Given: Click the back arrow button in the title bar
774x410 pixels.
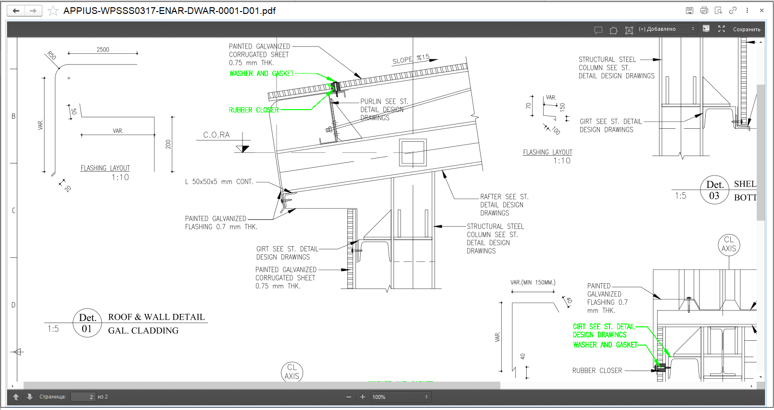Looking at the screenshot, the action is coord(16,11).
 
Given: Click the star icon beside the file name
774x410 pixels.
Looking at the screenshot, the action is coord(53,11).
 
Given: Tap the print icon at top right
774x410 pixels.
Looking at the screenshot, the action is coord(704,11).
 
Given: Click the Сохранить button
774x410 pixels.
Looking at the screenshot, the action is coord(747,29).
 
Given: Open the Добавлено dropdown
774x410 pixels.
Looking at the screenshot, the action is coord(667,29).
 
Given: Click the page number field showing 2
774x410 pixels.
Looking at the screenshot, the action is coord(83,397).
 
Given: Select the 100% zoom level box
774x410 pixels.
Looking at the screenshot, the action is coord(400,397).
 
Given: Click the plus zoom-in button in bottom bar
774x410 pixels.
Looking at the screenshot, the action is coord(363,397).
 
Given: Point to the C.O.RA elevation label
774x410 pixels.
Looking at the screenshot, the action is coord(216,135).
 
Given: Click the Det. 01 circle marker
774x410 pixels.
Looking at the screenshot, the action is coord(87,323).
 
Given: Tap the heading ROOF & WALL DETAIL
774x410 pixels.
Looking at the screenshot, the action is coord(156,317).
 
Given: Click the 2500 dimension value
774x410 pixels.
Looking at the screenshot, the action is coord(103,50).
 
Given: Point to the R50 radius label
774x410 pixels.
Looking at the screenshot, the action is coord(51,55).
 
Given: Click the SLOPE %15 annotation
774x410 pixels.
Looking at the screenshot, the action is coord(411,59).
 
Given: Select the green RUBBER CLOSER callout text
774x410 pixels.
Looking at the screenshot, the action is coord(254,110).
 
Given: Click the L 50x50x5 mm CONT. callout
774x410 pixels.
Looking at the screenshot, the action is coord(219,182).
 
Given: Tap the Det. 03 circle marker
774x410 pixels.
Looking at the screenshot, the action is coord(714,190).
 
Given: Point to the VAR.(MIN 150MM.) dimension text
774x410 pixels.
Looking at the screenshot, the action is coord(533,282).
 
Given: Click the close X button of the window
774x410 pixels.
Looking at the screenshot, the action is coord(761,11).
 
